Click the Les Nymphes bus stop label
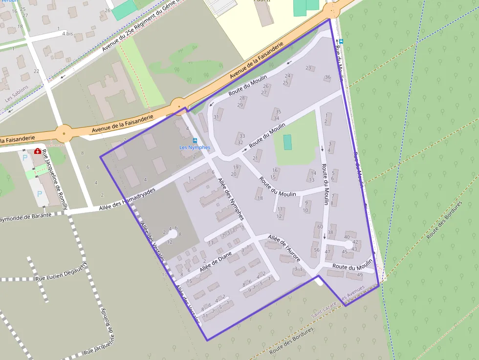click(195, 148)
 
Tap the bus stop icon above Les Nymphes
click(195, 141)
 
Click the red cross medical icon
click(38, 152)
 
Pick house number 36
click(327, 77)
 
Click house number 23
click(308, 68)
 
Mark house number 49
click(360, 275)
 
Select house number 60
click(320, 227)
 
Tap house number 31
click(217, 117)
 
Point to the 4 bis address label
click(67, 34)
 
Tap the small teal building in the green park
click(287, 142)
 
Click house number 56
click(317, 250)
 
